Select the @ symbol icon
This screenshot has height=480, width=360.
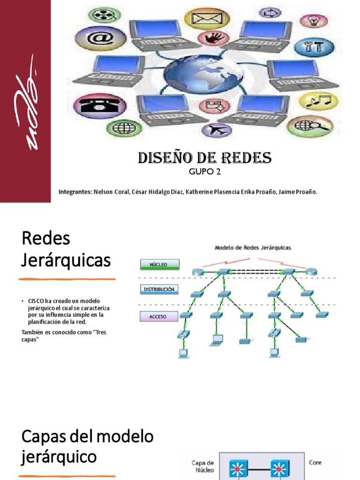point(94,38)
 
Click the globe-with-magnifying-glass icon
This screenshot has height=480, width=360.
point(310,126)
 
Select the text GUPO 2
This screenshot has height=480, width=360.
point(204,172)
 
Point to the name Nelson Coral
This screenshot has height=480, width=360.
point(111,192)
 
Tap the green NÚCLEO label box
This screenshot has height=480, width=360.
point(159,265)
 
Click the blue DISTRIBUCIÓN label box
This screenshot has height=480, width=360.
point(159,290)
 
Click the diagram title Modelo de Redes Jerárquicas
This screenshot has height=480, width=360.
point(253,247)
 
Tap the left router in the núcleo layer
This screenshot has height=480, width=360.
point(197,272)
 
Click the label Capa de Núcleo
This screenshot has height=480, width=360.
point(203,466)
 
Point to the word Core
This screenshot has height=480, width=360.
point(315,463)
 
